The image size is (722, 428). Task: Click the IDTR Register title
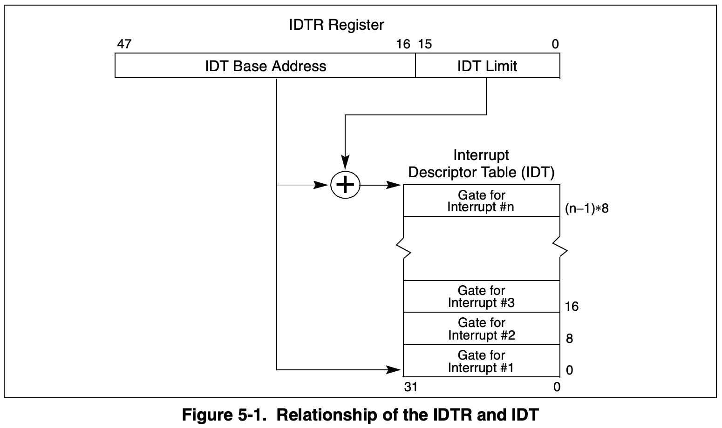point(336,25)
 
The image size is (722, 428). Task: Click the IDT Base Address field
point(266,66)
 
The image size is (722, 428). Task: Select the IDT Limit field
point(487,66)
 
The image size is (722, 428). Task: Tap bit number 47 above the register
point(124,44)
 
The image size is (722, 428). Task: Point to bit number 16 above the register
point(403,44)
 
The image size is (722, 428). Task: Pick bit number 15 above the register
point(425,44)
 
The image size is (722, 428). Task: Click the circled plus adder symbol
point(345,185)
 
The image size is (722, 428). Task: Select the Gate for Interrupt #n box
point(481,201)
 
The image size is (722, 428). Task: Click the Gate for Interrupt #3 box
point(481,297)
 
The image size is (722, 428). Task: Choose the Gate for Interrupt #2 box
point(481,329)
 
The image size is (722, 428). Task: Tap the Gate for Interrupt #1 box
point(481,361)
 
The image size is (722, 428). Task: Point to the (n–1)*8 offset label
point(587,208)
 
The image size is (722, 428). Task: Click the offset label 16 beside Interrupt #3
point(572,306)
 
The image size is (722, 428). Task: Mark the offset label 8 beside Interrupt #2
point(569,339)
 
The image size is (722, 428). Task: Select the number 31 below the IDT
point(411,387)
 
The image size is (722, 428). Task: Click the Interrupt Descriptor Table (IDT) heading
point(481,164)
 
